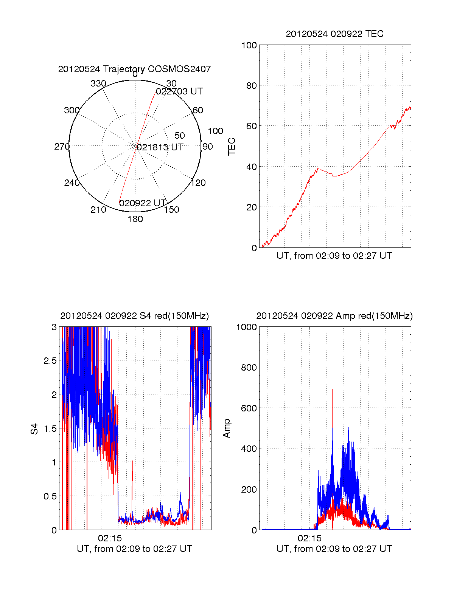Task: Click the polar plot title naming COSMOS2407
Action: [x=134, y=69]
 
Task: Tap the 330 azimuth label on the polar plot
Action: [x=98, y=83]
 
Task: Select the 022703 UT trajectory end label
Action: [x=179, y=91]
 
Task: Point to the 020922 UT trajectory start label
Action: [x=143, y=203]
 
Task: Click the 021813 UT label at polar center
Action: [x=160, y=147]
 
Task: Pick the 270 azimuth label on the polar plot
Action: [x=62, y=147]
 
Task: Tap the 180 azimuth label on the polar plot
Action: [x=135, y=219]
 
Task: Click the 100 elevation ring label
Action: [x=215, y=131]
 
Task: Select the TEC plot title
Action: [x=334, y=34]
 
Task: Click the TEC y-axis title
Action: [x=232, y=146]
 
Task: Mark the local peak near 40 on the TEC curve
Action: [x=318, y=168]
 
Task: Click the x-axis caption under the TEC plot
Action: [x=334, y=256]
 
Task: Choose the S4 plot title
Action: [x=134, y=316]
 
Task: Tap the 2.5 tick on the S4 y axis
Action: [x=50, y=361]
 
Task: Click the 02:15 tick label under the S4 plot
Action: [x=110, y=538]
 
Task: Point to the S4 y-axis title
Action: [x=34, y=429]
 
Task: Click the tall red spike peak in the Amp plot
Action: [x=332, y=389]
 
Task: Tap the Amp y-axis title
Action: [x=227, y=428]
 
